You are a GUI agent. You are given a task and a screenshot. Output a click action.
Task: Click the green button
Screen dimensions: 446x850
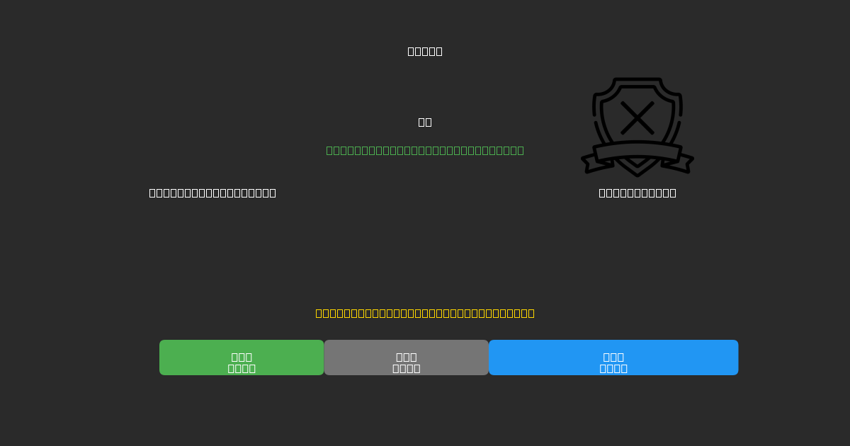point(242,358)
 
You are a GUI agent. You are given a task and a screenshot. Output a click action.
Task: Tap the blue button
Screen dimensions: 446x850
point(613,358)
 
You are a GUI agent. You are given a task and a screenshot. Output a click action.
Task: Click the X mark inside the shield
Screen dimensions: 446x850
point(637,118)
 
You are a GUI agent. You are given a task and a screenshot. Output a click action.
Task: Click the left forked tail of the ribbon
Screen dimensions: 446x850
point(591,164)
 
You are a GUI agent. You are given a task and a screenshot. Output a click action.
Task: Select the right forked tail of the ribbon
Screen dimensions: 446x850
point(684,164)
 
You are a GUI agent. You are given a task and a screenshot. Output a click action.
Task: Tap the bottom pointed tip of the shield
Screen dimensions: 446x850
point(637,173)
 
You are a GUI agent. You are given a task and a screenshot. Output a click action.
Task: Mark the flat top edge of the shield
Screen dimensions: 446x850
point(637,79)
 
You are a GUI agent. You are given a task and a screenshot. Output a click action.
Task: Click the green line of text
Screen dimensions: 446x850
point(425,150)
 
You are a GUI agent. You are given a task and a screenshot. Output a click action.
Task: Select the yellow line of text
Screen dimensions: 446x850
point(425,313)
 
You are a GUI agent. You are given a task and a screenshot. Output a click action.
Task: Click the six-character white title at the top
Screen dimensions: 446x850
point(425,51)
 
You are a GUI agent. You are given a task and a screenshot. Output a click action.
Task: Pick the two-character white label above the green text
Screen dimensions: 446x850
point(425,122)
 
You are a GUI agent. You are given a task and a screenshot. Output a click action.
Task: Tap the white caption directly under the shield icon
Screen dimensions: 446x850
point(637,193)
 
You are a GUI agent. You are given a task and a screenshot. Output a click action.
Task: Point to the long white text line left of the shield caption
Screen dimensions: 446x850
point(212,193)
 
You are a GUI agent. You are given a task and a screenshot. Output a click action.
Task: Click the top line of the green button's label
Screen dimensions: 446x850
point(242,357)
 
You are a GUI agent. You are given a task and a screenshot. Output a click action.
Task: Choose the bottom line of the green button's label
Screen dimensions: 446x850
point(242,368)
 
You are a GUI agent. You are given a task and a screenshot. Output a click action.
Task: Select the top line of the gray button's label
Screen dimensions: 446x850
point(407,357)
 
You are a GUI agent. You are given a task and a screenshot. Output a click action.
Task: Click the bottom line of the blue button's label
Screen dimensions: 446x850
point(613,368)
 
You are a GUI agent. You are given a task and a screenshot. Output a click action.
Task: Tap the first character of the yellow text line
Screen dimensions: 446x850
point(319,313)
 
